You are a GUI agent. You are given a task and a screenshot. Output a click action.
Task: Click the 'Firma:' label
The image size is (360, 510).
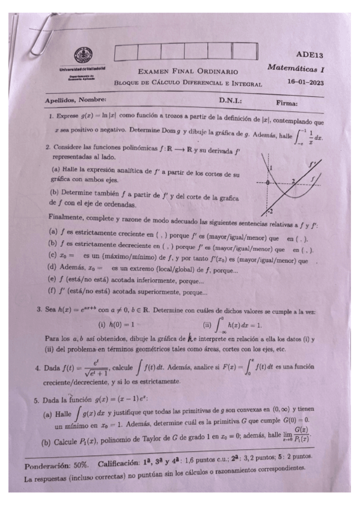click(x=287, y=103)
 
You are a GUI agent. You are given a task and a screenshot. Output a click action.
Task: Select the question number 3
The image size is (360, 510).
click(x=38, y=311)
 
